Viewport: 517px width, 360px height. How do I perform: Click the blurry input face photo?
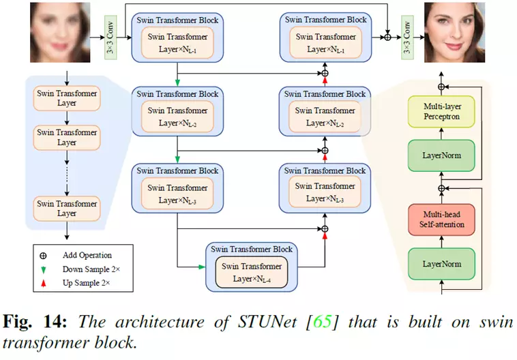60,32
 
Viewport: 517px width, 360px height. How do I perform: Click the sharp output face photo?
454,33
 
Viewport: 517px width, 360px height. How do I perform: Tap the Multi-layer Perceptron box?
441,112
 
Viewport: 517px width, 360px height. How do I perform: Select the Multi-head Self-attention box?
441,220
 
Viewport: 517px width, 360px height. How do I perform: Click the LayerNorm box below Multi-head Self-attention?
441,263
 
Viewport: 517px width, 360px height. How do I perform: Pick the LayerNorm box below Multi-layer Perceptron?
441,155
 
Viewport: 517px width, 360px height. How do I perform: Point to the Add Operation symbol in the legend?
44,256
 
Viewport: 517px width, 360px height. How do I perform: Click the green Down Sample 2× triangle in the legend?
44,269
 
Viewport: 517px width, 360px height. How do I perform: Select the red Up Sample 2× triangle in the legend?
44,282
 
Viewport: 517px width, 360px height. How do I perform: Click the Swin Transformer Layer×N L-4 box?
252,271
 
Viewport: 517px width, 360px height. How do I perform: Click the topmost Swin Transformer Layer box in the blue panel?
67,98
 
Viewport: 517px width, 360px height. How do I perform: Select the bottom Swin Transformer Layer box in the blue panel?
67,208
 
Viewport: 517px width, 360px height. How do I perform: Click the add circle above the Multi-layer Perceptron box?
441,87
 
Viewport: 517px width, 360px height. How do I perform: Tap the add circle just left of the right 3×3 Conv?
388,35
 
